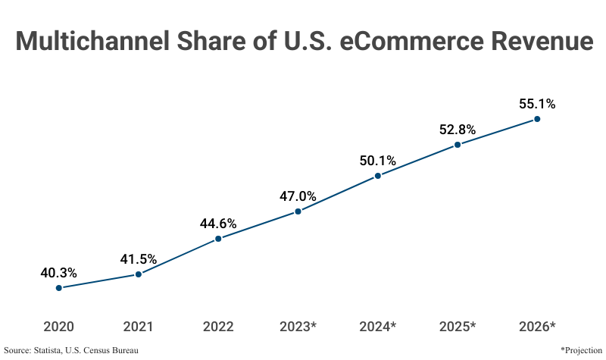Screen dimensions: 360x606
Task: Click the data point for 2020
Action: click(58, 288)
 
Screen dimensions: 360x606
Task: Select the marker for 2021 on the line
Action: click(139, 274)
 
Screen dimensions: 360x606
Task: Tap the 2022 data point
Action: click(218, 239)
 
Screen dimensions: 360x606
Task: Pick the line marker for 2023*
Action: click(298, 211)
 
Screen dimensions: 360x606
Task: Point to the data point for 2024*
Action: click(378, 176)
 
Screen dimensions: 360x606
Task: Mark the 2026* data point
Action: click(537, 119)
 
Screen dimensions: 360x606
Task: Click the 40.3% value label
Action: click(58, 272)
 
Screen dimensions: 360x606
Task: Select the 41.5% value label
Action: click(139, 258)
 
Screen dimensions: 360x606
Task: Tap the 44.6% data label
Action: click(218, 224)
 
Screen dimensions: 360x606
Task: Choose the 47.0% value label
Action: click(298, 196)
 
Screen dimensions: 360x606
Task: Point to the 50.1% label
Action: click(378, 160)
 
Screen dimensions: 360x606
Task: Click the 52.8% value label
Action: click(458, 130)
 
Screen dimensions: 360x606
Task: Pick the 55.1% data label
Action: click(537, 103)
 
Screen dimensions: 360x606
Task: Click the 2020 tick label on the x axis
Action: click(58, 327)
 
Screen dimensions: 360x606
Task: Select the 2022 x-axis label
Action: click(218, 327)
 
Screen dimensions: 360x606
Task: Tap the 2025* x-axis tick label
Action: click(458, 327)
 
